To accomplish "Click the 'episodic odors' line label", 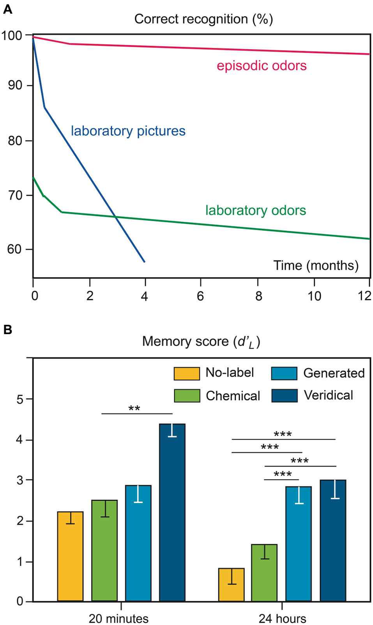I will (262, 66).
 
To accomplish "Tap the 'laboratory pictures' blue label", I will (128, 131).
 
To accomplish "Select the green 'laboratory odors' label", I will (256, 211).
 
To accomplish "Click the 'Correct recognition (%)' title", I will (203, 19).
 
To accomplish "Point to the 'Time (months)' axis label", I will (316, 266).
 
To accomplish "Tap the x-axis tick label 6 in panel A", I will (200, 296).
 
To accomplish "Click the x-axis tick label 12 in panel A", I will (364, 296).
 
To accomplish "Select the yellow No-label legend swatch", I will (187, 374).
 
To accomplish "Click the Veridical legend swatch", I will (284, 395).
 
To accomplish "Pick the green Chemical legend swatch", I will (187, 396).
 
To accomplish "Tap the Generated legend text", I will (334, 373).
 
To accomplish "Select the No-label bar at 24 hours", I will (231, 585).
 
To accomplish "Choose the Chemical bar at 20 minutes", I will (104, 554).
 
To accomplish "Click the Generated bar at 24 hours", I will (299, 546).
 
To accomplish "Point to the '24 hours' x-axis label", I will (282, 618).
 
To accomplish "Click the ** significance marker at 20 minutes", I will (134, 409).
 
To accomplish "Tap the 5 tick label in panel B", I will (20, 399).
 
